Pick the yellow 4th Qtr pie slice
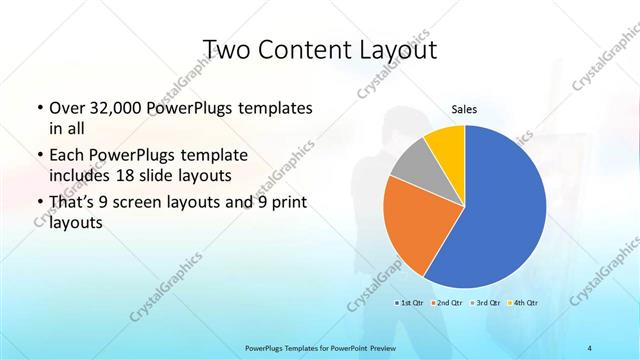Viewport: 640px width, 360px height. [x=446, y=145]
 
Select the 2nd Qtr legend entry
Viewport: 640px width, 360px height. [x=448, y=301]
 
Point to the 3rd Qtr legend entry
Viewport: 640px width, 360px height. [x=486, y=301]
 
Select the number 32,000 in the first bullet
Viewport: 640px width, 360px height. [x=109, y=107]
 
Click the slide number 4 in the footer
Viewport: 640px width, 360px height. [x=590, y=347]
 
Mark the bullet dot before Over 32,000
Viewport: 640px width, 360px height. [x=38, y=108]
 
